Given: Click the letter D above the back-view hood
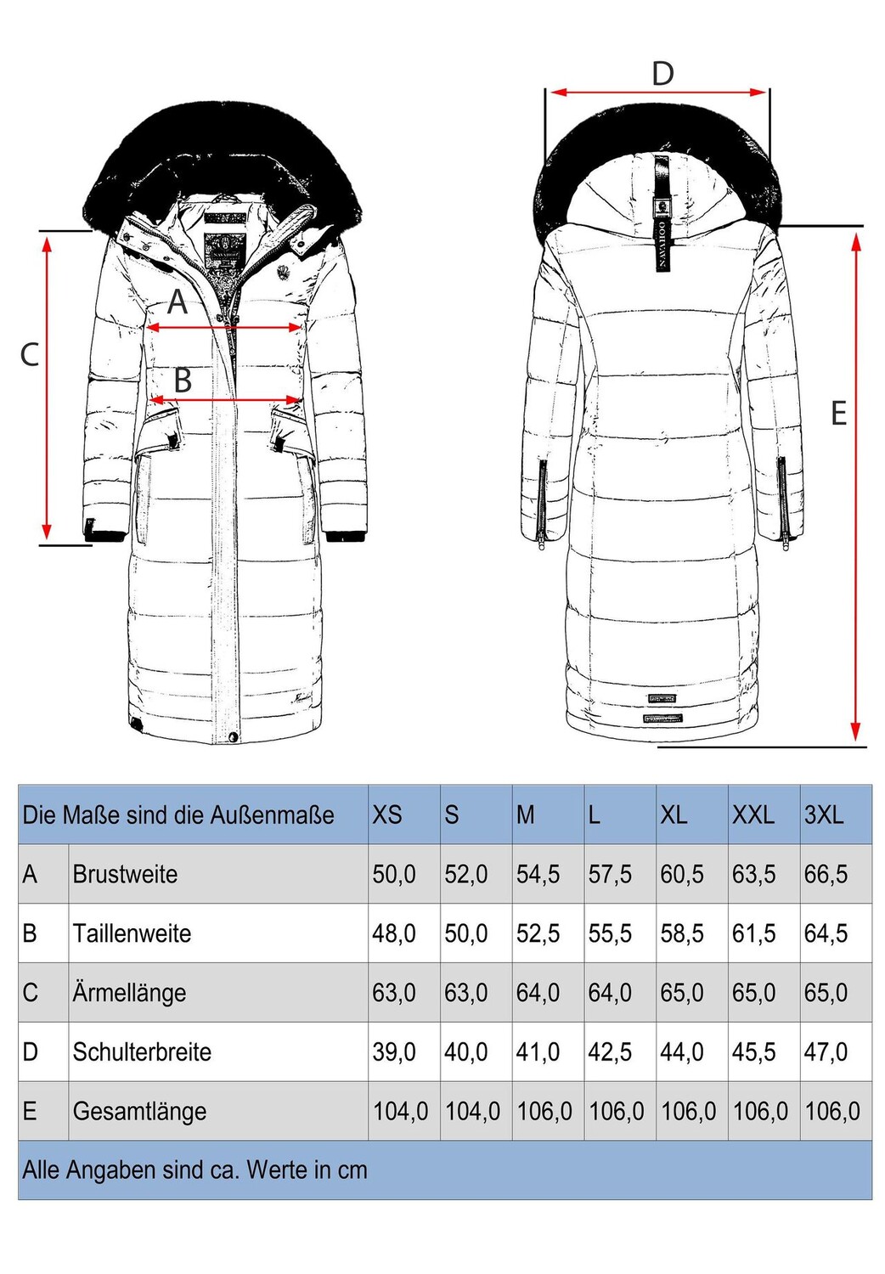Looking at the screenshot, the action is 662,74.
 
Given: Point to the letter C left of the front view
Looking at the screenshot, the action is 30,354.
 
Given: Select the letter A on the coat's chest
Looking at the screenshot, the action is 178,302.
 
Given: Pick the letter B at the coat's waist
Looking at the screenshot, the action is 183,381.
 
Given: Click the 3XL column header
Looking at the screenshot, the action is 824,815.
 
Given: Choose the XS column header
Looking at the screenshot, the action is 386,815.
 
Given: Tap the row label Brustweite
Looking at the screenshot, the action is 125,874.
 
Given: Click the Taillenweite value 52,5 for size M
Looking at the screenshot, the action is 538,933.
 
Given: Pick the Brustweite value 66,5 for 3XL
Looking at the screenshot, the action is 826,874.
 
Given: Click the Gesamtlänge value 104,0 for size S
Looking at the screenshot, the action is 472,1111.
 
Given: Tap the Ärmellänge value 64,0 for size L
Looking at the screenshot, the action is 610,993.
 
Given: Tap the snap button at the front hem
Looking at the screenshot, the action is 233,737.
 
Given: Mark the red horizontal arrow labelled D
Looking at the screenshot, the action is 658,92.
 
